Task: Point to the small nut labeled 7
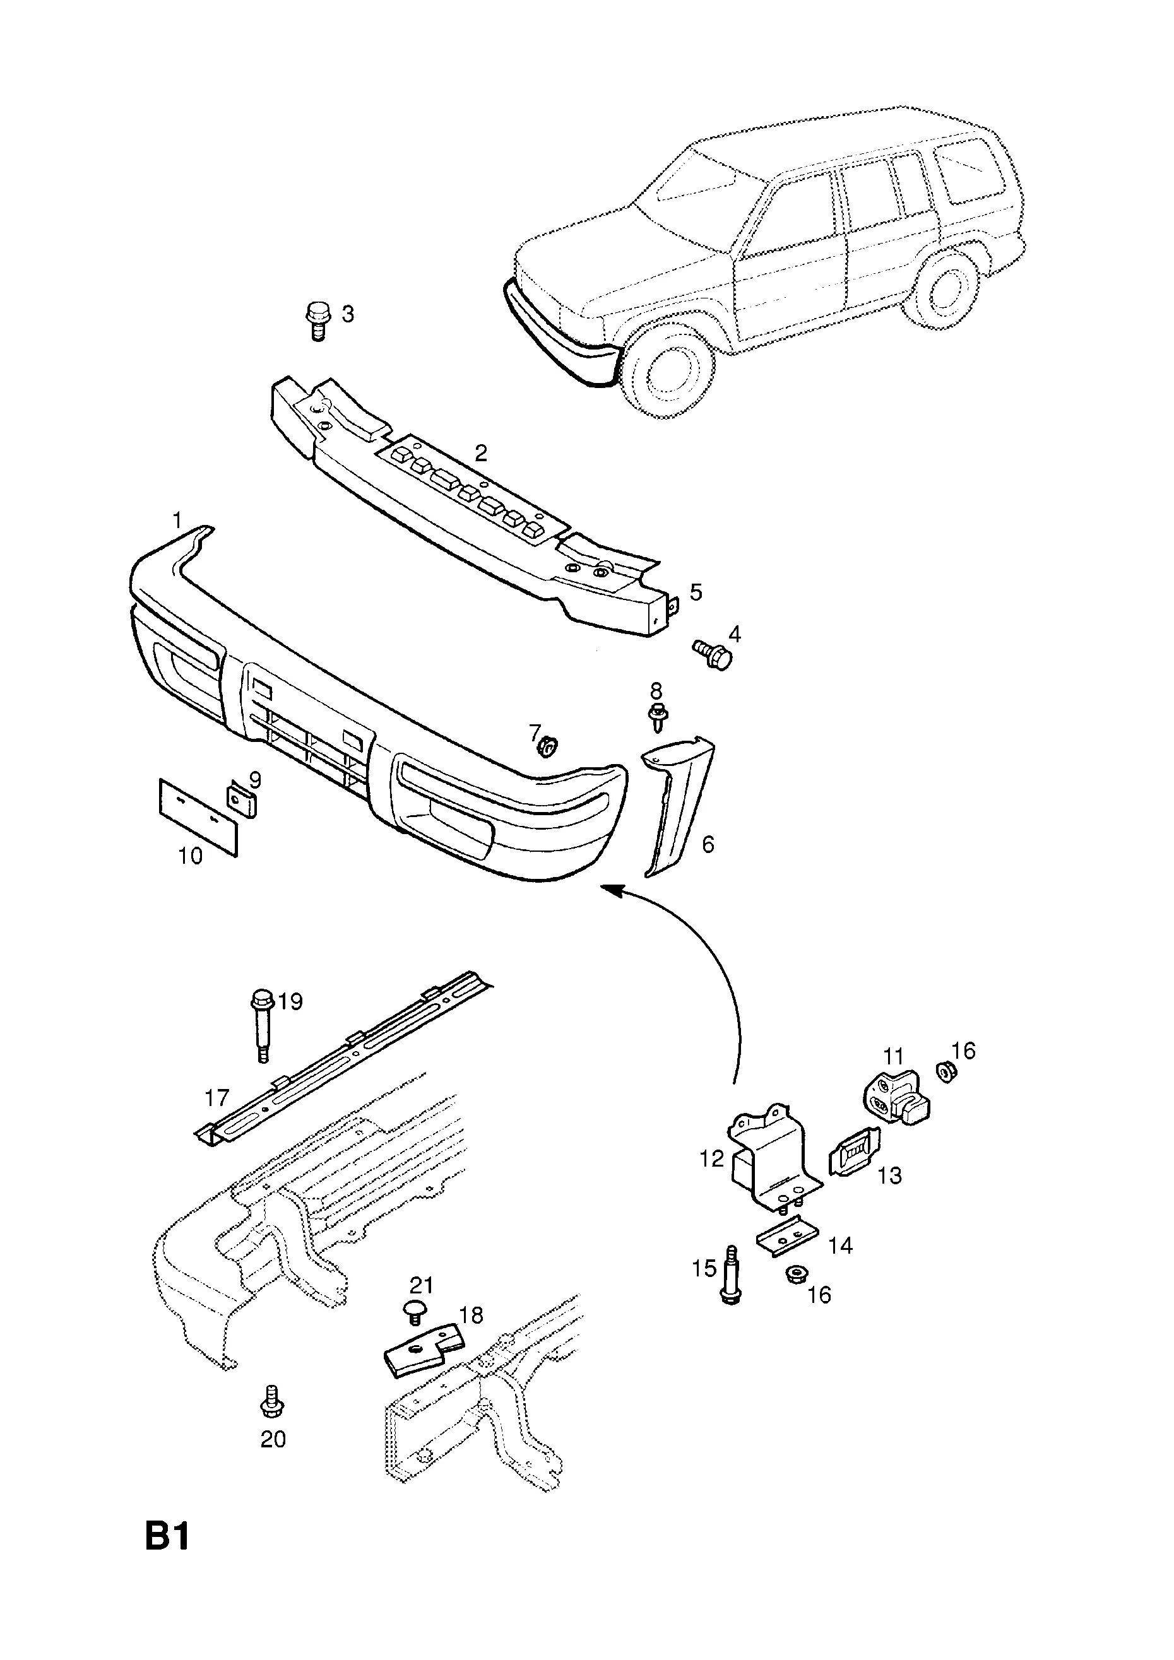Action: pyautogui.click(x=547, y=745)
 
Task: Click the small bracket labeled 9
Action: pyautogui.click(x=243, y=801)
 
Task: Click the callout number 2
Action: pyautogui.click(x=481, y=453)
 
